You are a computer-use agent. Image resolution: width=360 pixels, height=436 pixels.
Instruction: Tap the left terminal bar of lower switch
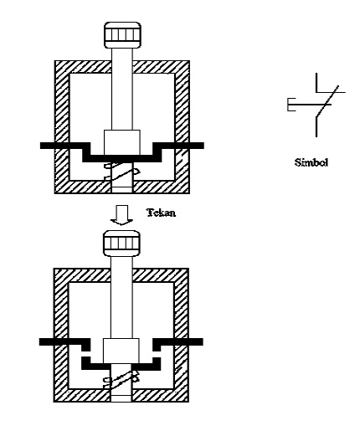tap(63, 342)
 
